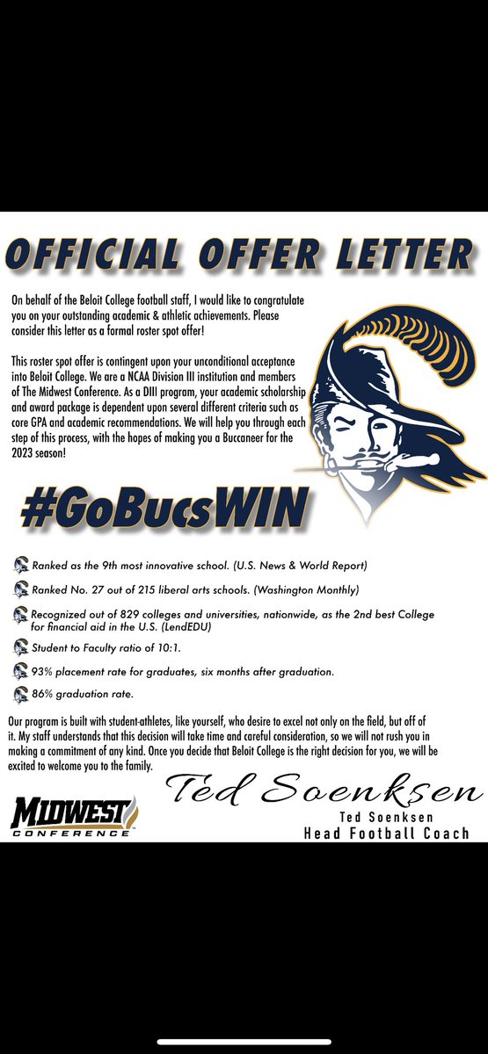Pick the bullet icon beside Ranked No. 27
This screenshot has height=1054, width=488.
click(x=21, y=588)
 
